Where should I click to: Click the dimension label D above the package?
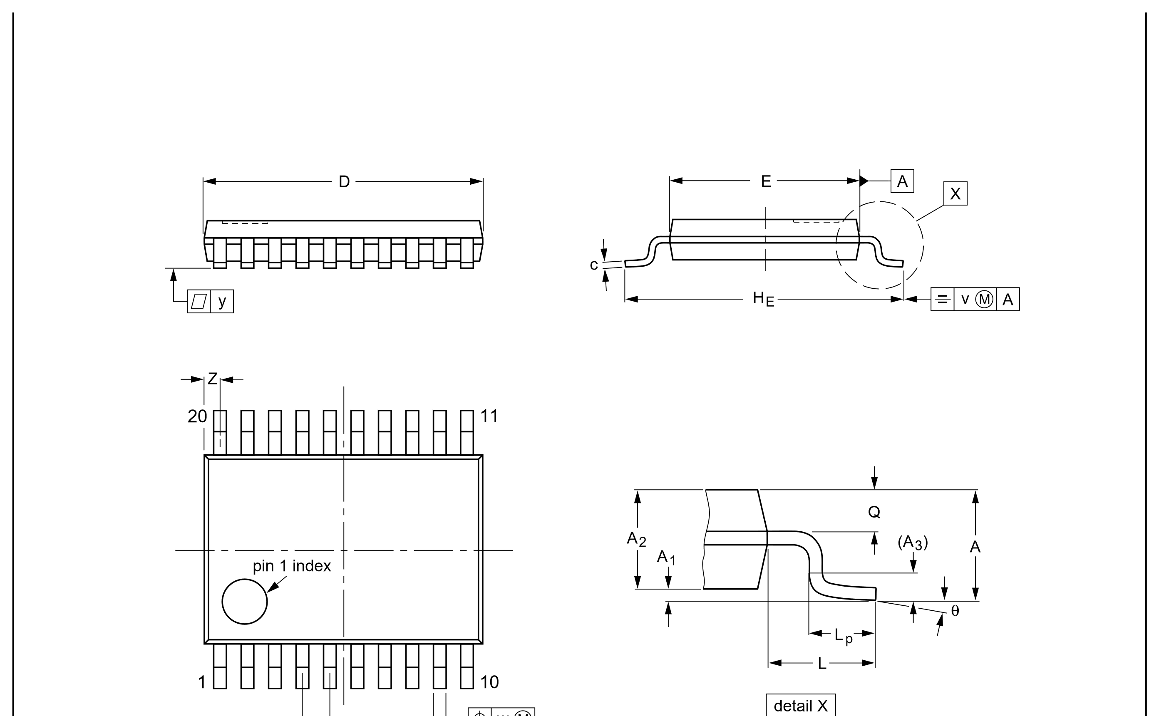(344, 181)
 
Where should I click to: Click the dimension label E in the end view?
(766, 181)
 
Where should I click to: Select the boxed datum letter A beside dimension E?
(902, 181)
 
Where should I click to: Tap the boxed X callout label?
(955, 193)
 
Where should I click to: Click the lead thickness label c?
(593, 265)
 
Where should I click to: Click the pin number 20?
(197, 416)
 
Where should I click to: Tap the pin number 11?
(489, 416)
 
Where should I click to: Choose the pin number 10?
(489, 682)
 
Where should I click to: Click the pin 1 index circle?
(244, 579)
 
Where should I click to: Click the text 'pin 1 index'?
(292, 566)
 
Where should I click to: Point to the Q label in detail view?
(874, 512)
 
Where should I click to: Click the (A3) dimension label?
(913, 542)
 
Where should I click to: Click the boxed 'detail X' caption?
(800, 706)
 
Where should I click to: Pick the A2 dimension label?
(636, 539)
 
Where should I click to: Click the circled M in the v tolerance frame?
(984, 299)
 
